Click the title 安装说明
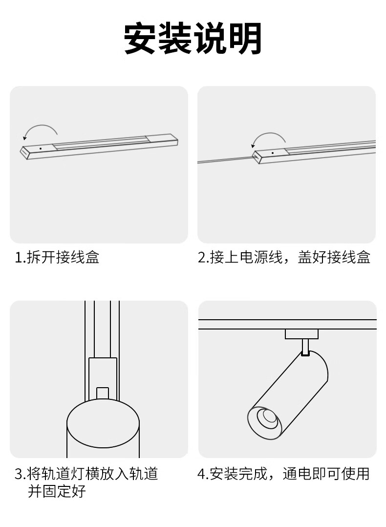click(193, 38)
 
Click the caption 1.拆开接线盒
click(57, 258)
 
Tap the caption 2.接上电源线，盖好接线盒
click(284, 258)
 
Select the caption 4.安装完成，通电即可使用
click(283, 474)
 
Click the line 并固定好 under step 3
click(57, 491)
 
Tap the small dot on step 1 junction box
click(41, 148)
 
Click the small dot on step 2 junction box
click(273, 153)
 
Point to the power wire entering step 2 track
click(225, 160)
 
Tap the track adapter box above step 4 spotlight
click(301, 334)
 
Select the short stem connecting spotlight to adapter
click(305, 347)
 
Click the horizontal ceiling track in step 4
click(287, 324)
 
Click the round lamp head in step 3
click(103, 423)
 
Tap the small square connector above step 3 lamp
click(103, 393)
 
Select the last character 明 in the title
click(247, 38)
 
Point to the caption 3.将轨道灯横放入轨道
click(86, 474)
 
